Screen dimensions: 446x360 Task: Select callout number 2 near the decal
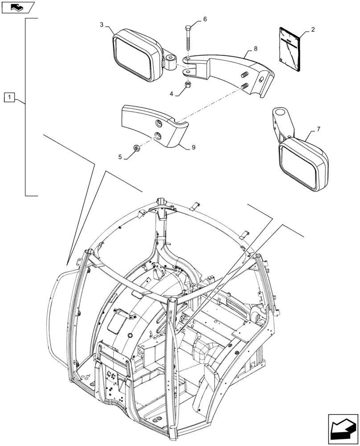pyautogui.click(x=313, y=29)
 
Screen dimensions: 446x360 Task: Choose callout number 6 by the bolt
pyautogui.click(x=205, y=19)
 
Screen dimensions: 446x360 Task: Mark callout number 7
pyautogui.click(x=318, y=129)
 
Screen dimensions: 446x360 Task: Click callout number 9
pyautogui.click(x=194, y=148)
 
